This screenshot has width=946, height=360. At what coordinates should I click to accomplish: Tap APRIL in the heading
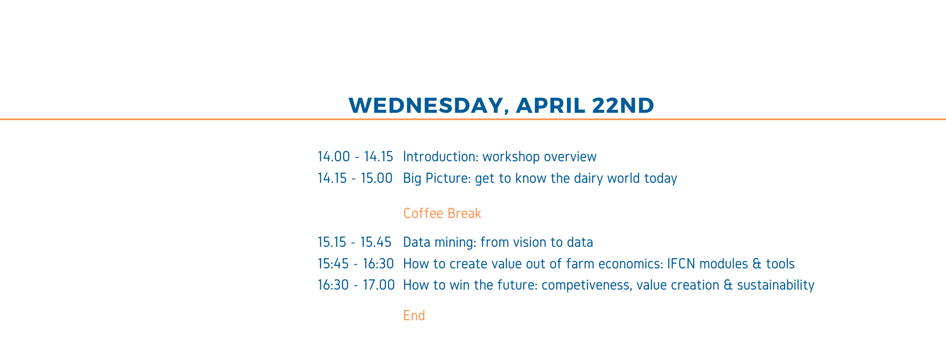551,105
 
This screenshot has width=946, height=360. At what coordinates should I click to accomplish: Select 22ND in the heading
623,105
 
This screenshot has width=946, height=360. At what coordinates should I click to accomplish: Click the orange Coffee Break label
442,214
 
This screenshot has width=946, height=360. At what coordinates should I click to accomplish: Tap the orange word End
414,315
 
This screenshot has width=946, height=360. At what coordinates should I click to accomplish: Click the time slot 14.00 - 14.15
355,157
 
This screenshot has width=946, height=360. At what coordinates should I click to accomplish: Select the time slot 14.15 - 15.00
355,178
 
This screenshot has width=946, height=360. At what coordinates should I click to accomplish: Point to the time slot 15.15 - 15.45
355,242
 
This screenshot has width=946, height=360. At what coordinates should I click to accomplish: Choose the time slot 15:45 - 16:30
356,264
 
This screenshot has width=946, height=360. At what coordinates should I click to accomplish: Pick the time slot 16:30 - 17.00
356,285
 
